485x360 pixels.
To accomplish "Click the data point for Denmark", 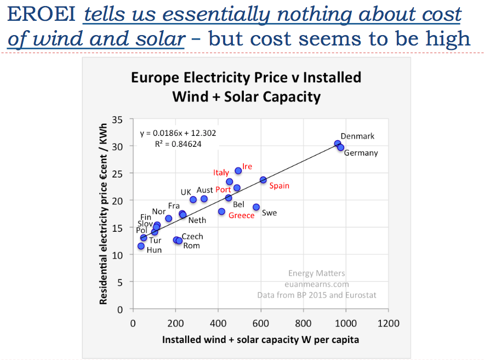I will pos(338,144).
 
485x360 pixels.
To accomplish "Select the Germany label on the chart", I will pos(361,153).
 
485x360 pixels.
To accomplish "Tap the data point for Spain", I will pos(263,180).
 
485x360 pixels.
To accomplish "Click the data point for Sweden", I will pos(256,207).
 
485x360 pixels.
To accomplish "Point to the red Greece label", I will pos(241,215).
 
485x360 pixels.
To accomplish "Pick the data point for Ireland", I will pos(238,171).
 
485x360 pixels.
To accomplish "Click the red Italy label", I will pos(221,173).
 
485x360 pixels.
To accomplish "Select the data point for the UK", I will pos(193,199).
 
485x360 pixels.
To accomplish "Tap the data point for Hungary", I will pos(141,246).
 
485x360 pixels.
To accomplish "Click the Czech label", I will pos(192,237).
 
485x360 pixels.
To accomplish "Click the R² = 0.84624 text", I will pos(178,145).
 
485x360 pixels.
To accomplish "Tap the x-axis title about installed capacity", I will pos(260,340).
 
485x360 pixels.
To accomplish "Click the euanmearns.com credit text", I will pos(316,284).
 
